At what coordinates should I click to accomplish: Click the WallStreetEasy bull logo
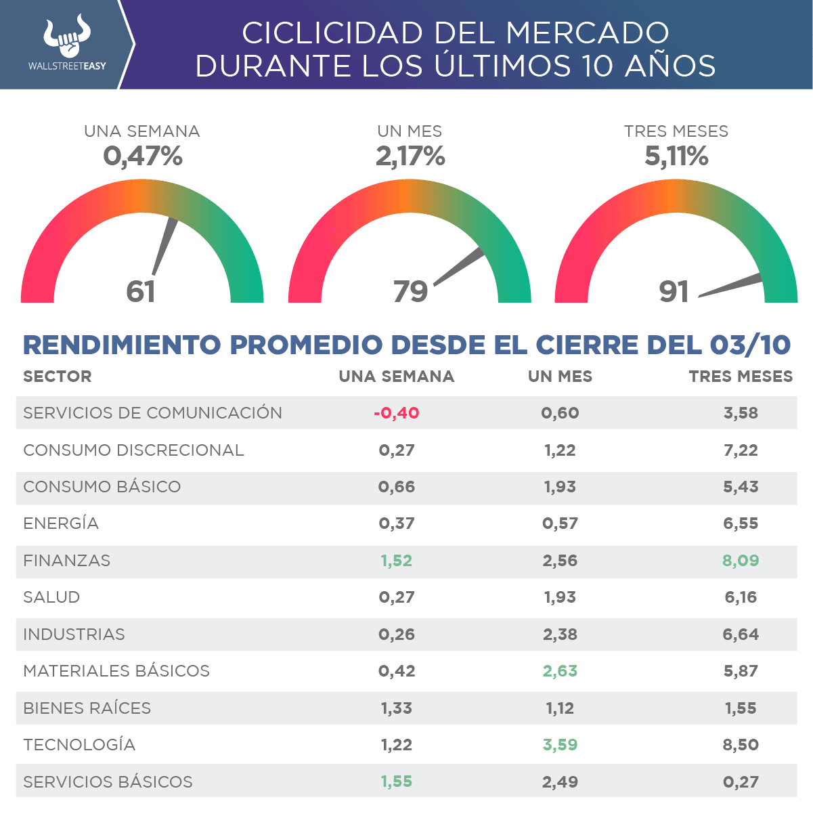67,37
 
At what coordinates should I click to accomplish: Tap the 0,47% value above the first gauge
143,157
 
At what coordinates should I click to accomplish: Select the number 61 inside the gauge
141,291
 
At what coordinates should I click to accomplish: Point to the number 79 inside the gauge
410,291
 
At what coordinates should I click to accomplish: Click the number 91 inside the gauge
674,291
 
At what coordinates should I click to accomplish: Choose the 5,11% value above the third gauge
676,157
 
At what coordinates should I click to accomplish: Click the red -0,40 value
397,413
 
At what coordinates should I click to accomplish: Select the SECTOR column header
58,377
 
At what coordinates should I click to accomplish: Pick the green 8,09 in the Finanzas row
741,561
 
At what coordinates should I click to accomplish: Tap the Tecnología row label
79,745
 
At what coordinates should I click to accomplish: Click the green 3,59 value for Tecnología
560,745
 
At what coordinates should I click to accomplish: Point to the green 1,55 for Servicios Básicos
397,781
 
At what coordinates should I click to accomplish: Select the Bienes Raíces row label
87,708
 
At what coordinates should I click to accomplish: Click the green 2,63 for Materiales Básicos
560,671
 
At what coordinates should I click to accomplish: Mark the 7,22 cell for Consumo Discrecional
741,450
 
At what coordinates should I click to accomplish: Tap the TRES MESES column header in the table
741,377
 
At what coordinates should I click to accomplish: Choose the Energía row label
61,523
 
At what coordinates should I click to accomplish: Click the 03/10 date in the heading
750,345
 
